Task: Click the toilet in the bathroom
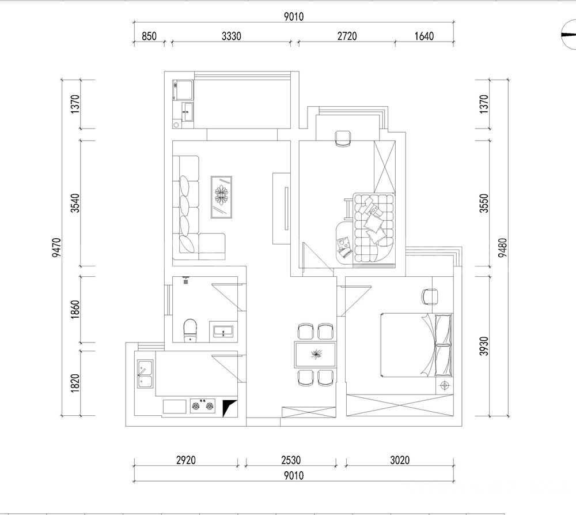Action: [190, 330]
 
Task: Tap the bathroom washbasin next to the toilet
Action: [223, 330]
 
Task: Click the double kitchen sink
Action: [145, 374]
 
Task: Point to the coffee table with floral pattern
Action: [221, 197]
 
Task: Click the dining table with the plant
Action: [316, 355]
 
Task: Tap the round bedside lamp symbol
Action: [445, 385]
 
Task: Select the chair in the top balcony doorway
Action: [343, 139]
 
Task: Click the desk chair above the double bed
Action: [430, 297]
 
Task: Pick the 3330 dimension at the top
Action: [232, 36]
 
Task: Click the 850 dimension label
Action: [149, 36]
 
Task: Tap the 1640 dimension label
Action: [424, 36]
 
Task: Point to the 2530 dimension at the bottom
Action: [291, 460]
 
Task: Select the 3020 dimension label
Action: [400, 460]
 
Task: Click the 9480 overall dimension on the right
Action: [502, 247]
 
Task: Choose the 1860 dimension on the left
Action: [75, 309]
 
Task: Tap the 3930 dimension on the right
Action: [484, 346]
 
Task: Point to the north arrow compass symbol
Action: [569, 35]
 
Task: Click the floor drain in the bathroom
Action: [186, 282]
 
